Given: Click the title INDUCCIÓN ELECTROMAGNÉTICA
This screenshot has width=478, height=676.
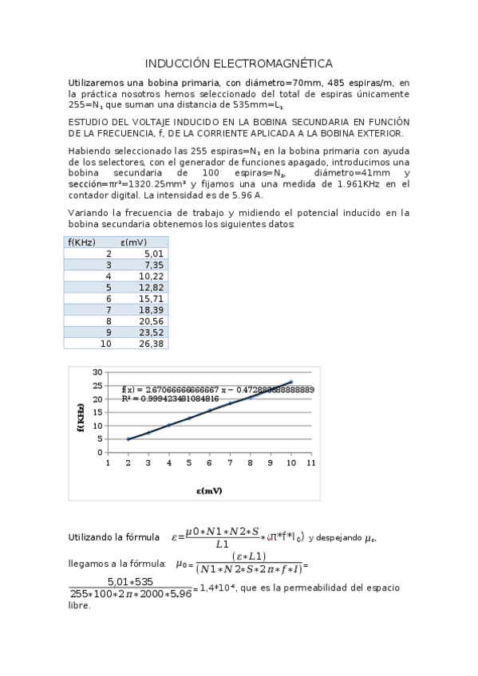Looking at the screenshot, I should [x=239, y=64].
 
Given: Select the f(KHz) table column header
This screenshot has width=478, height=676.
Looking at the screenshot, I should [x=82, y=242].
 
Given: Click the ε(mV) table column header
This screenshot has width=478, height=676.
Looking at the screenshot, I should [x=133, y=242].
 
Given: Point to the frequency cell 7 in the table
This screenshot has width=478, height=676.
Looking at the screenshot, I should [x=108, y=309].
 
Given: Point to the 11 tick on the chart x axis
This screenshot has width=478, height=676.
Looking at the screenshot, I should [x=311, y=462].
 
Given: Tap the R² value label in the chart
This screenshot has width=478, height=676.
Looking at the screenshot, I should [x=170, y=398].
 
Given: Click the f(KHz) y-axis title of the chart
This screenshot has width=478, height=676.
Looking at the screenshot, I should [x=81, y=416].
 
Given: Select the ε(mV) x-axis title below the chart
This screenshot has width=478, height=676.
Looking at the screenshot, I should [x=209, y=490].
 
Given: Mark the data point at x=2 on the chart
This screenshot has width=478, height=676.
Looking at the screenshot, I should [x=128, y=438].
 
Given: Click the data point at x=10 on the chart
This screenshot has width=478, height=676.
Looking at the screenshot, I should [x=290, y=382].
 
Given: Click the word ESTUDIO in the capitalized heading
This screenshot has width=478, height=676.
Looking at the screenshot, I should [x=89, y=122].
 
